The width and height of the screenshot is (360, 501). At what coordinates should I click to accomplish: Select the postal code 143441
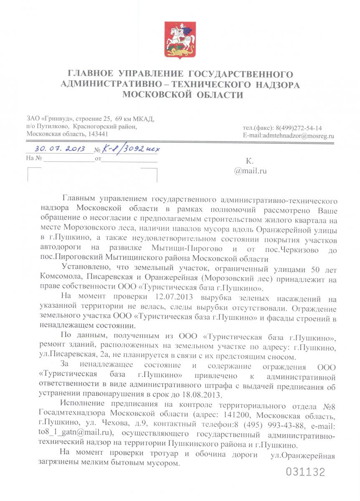click(x=97, y=134)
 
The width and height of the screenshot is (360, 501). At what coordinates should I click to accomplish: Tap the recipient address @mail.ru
click(x=251, y=170)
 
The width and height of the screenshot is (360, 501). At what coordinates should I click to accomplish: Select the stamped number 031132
click(x=305, y=472)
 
